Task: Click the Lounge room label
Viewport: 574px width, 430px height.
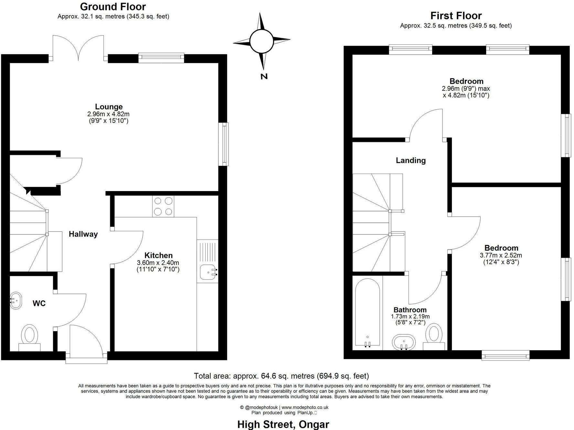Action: (109, 107)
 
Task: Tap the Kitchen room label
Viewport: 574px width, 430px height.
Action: (158, 255)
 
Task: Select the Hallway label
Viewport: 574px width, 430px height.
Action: (83, 234)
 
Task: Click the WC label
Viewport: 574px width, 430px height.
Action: (39, 303)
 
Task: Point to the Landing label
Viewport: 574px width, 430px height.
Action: (410, 160)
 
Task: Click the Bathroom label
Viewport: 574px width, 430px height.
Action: (410, 310)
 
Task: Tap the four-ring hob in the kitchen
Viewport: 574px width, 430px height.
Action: (163, 206)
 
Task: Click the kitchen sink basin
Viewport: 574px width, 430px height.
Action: (207, 272)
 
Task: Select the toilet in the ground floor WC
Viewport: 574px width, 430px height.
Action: (29, 335)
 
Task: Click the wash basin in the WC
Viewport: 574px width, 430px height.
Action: (16, 301)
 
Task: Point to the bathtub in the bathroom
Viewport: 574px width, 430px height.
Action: (367, 312)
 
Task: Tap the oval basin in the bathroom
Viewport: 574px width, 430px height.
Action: (403, 342)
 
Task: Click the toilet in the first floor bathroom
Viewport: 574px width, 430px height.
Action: (434, 334)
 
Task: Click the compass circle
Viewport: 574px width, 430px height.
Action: (261, 41)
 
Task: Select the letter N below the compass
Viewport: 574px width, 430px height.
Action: (264, 77)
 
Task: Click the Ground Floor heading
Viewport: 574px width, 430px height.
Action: (113, 6)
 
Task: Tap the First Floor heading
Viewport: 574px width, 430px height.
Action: (456, 16)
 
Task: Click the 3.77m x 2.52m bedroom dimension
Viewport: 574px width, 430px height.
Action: (501, 255)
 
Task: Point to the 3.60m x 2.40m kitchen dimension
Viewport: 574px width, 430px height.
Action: (158, 263)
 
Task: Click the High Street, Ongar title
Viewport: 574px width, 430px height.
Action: (283, 424)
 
